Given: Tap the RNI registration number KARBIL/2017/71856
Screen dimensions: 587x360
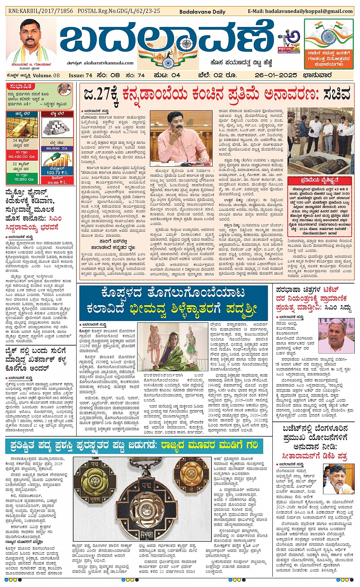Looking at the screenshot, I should click(x=40, y=11).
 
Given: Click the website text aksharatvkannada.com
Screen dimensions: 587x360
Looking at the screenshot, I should click(x=109, y=63).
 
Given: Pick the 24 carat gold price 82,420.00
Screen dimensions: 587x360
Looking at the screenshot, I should click(x=21, y=156).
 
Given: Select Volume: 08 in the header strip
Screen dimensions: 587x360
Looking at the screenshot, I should click(x=46, y=75).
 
